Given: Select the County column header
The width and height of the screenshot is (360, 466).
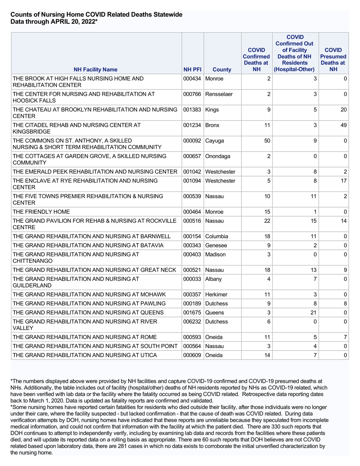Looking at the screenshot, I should (x=222, y=70).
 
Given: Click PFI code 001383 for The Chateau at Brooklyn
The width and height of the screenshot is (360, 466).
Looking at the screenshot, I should (x=192, y=110).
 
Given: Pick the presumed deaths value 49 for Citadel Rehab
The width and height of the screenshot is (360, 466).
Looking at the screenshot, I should (x=344, y=125).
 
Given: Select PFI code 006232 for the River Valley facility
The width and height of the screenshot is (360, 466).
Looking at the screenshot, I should (x=192, y=321).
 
